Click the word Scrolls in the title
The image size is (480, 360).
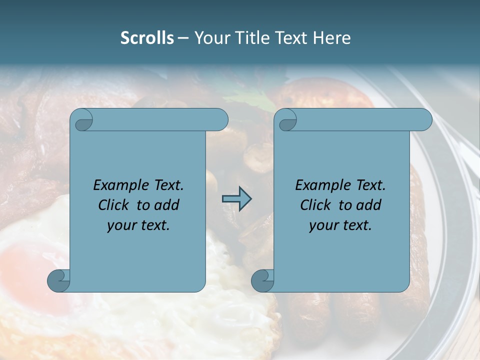tap(147, 38)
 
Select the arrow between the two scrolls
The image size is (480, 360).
tap(236, 199)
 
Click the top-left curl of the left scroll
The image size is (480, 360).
tap(82, 120)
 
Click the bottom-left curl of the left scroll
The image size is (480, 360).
tap(58, 280)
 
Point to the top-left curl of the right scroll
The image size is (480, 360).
tap(287, 120)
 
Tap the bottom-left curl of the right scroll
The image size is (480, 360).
tap(262, 280)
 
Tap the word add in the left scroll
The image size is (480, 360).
tap(167, 205)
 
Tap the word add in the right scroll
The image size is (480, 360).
tap(369, 205)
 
